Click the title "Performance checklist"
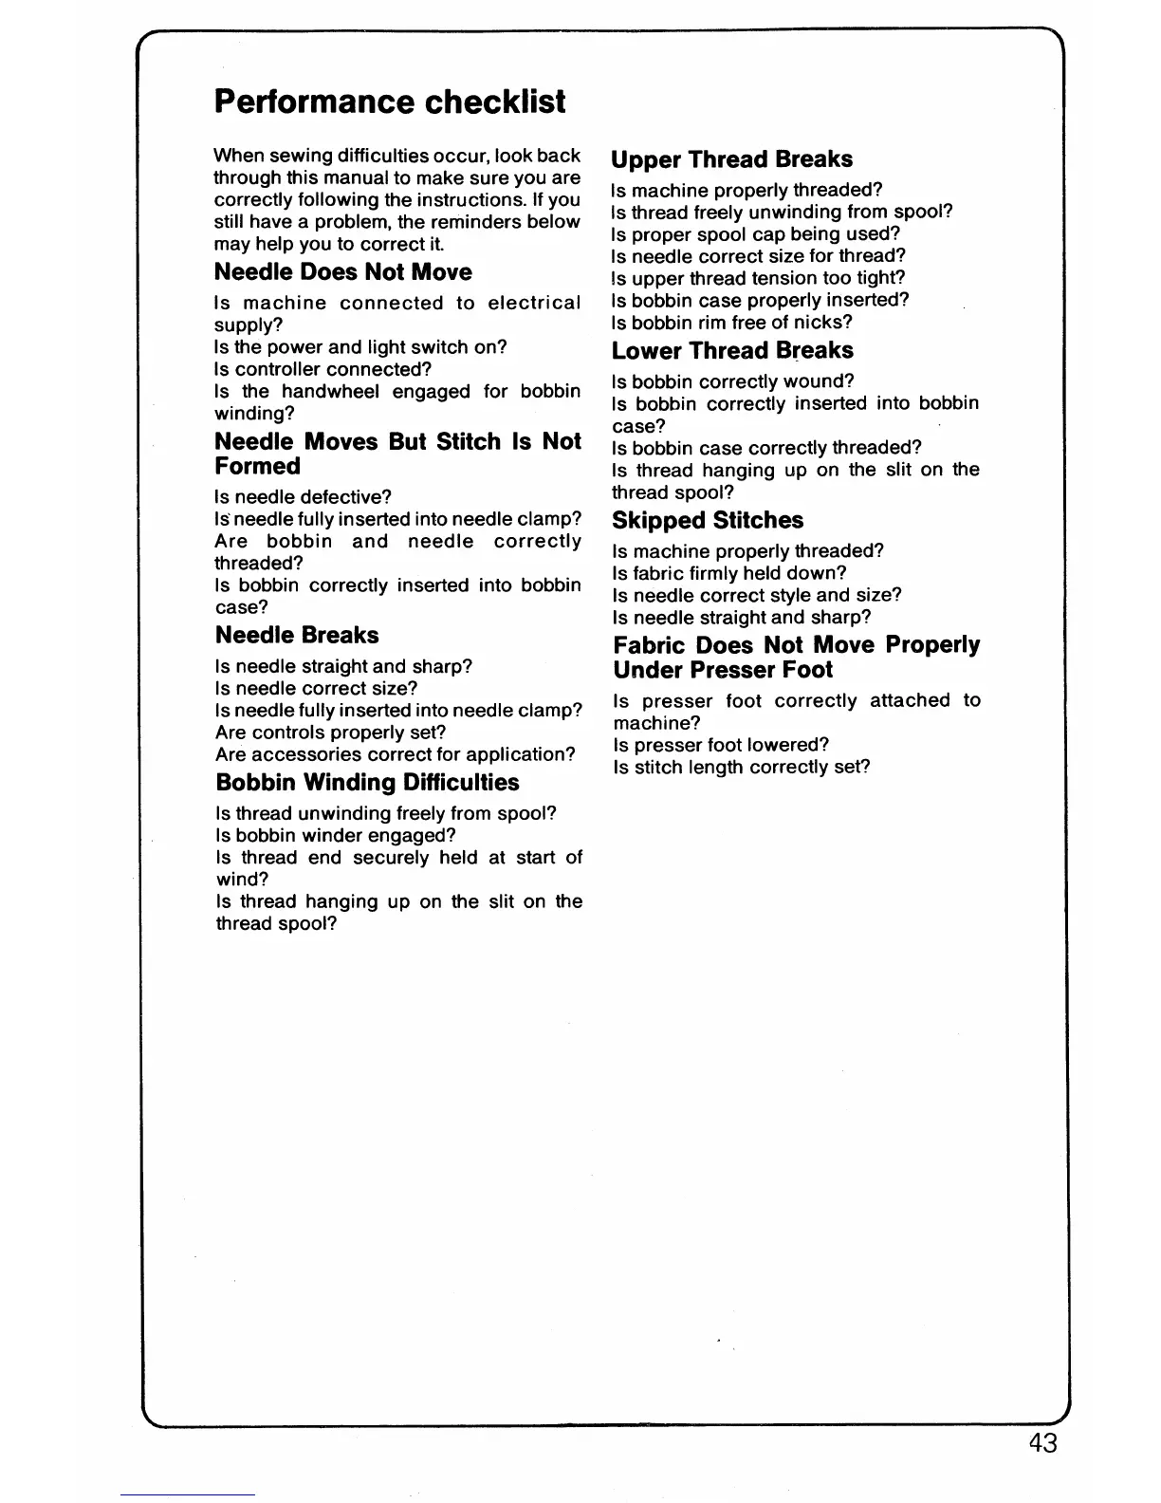[x=390, y=102]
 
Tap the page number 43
[x=1041, y=1443]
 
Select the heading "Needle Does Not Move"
[x=342, y=272]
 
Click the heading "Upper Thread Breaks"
[x=731, y=159]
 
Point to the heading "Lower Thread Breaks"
[x=732, y=351]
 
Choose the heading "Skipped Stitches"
[x=708, y=521]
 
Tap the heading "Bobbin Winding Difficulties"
[x=367, y=783]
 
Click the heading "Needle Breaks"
[x=297, y=636]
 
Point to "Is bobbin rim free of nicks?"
[x=732, y=322]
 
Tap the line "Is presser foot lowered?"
[x=721, y=745]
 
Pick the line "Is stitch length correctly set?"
[x=741, y=767]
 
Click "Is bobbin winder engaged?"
[x=336, y=835]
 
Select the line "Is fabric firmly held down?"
[x=728, y=573]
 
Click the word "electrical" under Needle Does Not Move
[x=534, y=304]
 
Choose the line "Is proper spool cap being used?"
[x=755, y=233]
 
